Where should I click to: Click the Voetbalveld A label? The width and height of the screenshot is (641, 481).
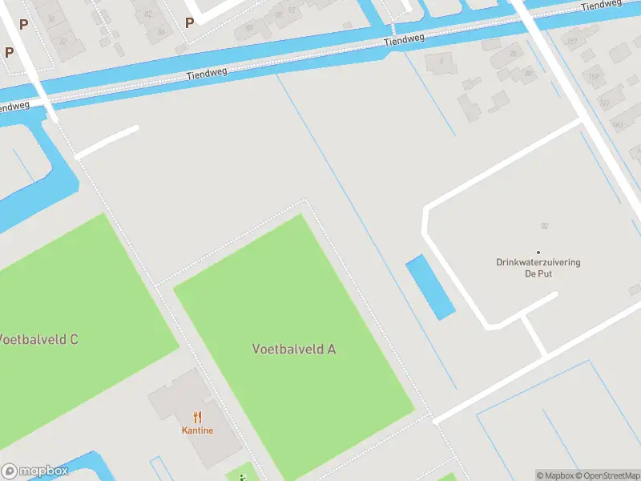(x=294, y=349)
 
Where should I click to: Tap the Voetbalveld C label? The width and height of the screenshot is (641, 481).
(x=38, y=339)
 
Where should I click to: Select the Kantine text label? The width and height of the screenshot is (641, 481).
(x=197, y=430)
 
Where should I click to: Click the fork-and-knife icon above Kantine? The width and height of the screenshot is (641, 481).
(x=197, y=417)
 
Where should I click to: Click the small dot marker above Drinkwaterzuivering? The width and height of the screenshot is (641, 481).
(x=538, y=252)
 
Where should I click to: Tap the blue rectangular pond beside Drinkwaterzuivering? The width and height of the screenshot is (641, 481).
(x=429, y=287)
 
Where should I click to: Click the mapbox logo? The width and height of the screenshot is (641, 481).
(x=35, y=471)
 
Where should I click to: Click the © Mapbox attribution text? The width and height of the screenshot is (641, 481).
(x=557, y=475)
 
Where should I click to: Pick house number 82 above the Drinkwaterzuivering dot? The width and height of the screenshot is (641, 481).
(x=544, y=227)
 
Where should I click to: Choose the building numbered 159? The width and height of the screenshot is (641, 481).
(x=594, y=78)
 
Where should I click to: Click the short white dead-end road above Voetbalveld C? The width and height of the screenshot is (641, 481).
(x=108, y=142)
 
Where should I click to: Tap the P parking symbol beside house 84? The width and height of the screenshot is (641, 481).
(x=189, y=23)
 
